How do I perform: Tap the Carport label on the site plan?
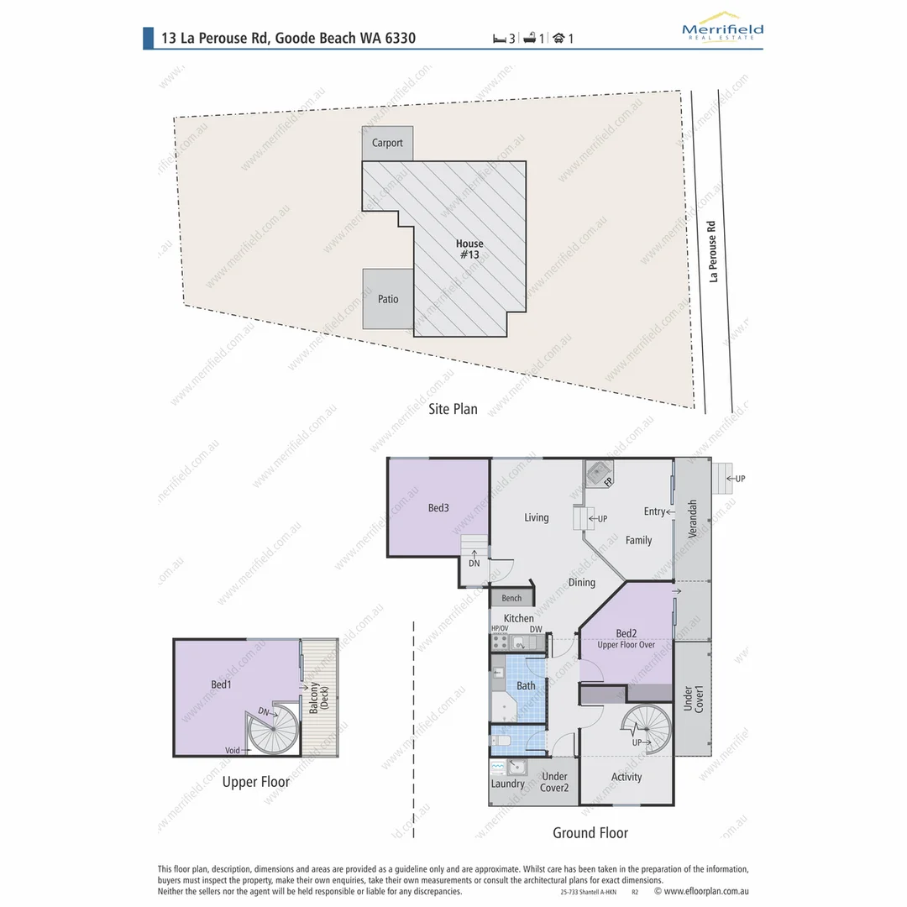[387, 143]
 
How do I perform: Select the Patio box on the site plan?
[387, 299]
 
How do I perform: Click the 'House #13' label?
[469, 249]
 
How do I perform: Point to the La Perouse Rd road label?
[712, 251]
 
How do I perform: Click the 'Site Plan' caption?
[453, 409]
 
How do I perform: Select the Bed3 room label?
[438, 508]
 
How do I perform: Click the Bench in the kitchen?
[511, 598]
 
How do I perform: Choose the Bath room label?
[526, 686]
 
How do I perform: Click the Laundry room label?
[508, 784]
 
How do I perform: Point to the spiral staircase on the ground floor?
[644, 728]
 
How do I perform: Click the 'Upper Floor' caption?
[256, 782]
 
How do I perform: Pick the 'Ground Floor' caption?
[590, 832]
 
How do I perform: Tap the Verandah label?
[692, 520]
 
